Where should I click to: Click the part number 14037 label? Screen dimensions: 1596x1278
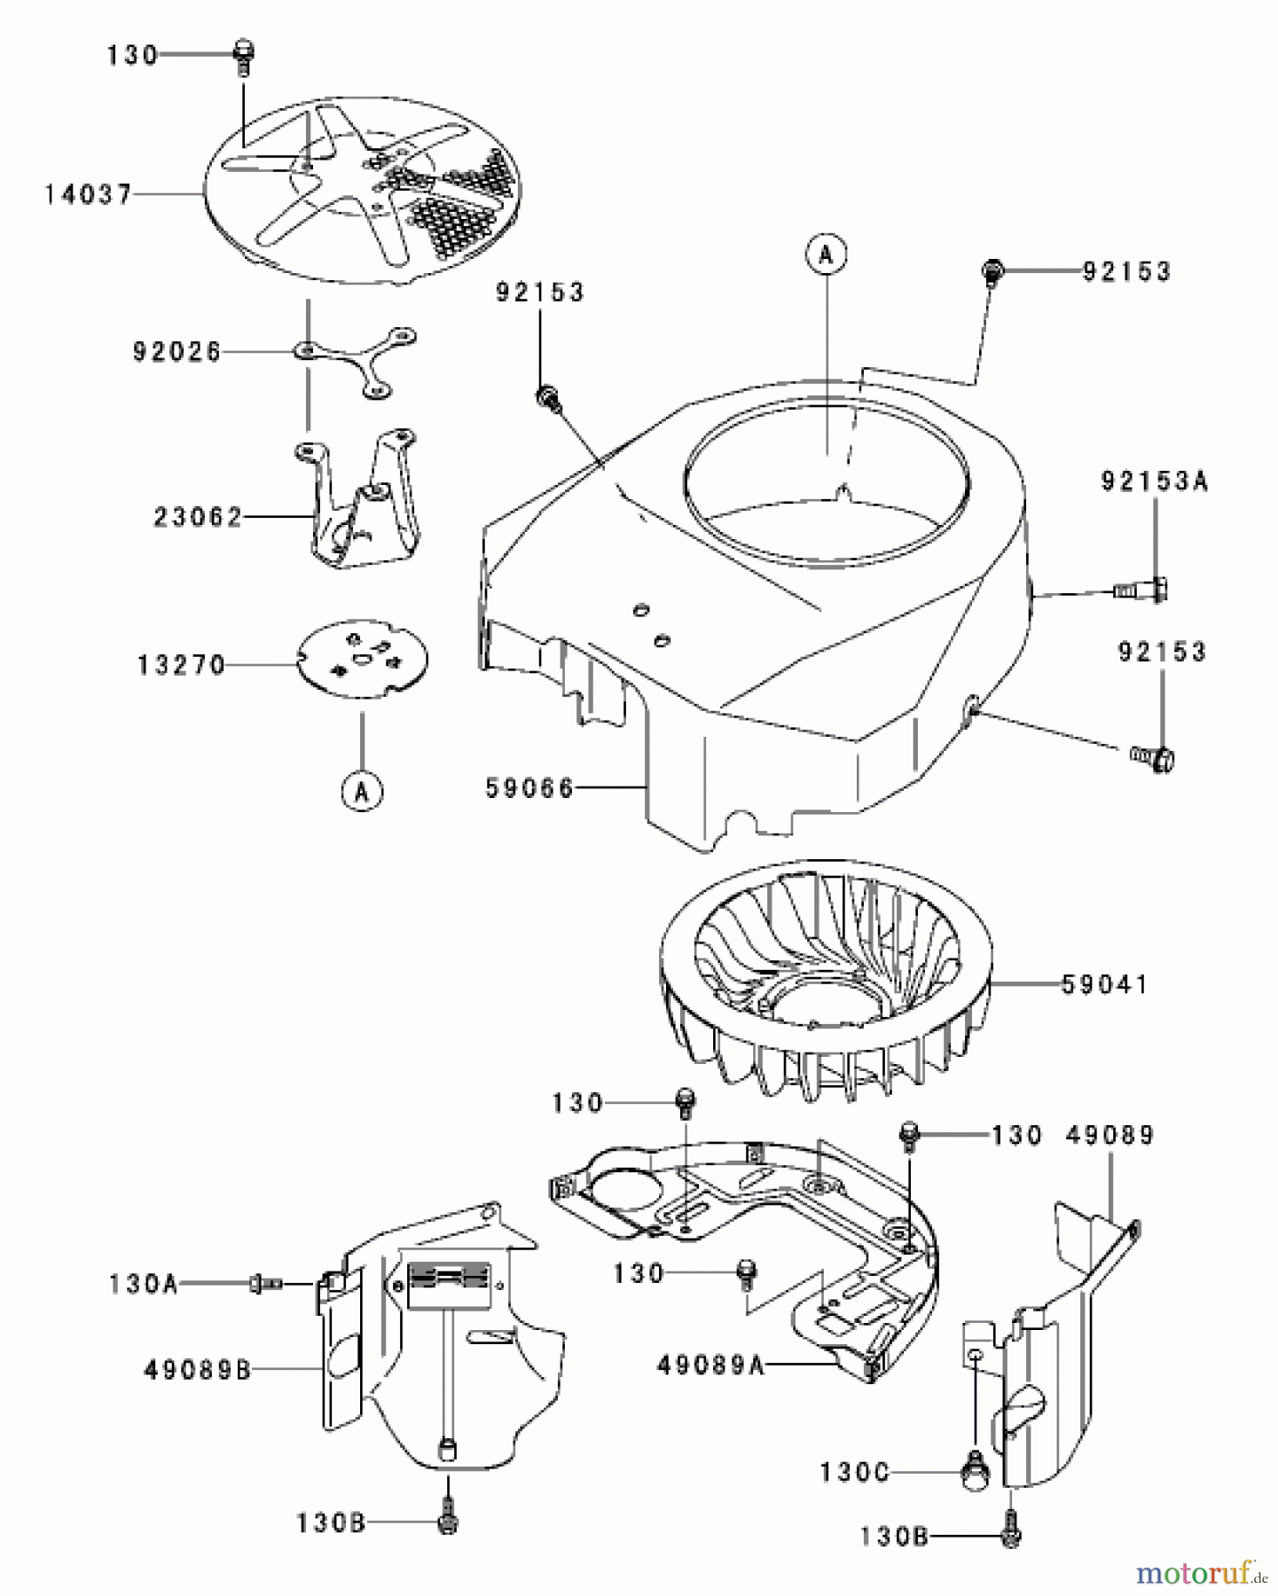[88, 194]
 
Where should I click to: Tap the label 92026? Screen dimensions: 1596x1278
[176, 352]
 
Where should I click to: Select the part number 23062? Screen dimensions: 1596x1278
[198, 517]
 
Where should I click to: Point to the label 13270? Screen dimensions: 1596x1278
[182, 665]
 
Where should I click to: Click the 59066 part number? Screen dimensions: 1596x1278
[529, 786]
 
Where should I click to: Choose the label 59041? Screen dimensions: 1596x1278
[1104, 984]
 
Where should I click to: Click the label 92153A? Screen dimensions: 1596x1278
[1155, 482]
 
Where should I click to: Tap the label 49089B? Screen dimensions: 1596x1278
[197, 1370]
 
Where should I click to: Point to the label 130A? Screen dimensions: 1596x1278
[143, 1283]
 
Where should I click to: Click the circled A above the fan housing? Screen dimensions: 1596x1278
[827, 255]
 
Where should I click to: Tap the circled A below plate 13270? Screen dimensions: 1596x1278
[362, 792]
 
